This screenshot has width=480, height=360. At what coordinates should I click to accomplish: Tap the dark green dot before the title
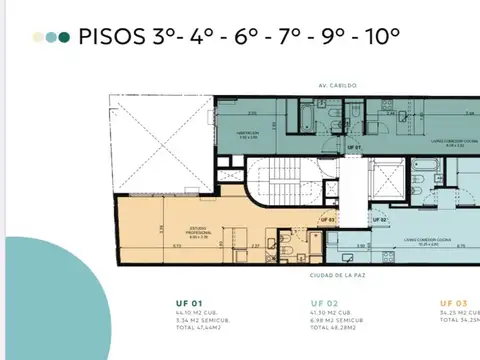click(65, 38)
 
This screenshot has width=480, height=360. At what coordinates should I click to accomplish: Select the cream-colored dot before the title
click(38, 38)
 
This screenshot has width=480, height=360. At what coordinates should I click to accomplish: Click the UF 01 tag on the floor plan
click(352, 148)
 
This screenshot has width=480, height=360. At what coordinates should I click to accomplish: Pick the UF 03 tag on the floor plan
click(327, 219)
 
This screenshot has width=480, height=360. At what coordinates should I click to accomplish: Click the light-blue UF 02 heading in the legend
click(324, 303)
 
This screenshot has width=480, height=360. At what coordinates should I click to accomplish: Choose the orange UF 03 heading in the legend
click(452, 303)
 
